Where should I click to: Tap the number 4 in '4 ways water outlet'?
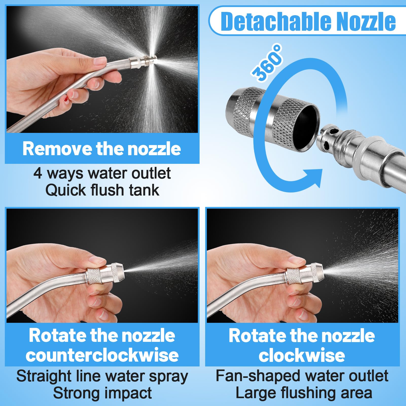[38, 173]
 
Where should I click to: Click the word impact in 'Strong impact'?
[128, 393]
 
